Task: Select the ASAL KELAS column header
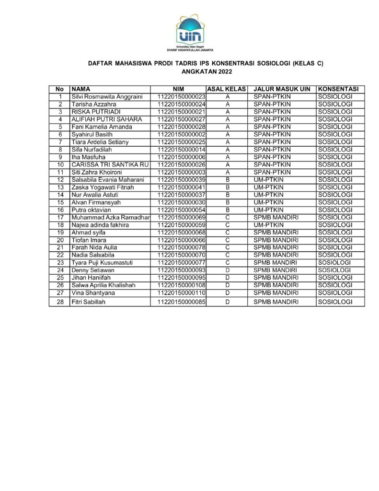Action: pyautogui.click(x=226, y=89)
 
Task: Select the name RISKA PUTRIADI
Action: pyautogui.click(x=92, y=112)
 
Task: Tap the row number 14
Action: pyautogui.click(x=60, y=195)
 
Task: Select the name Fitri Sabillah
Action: pyautogui.click(x=89, y=302)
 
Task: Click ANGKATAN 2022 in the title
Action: pyautogui.click(x=207, y=72)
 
